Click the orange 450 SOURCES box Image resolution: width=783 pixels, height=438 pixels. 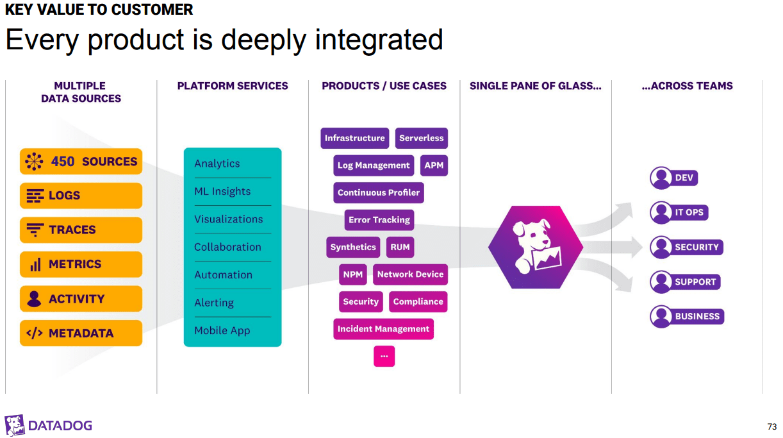81,162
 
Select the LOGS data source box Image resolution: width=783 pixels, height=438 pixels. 81,196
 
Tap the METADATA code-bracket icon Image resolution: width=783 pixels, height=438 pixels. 34,333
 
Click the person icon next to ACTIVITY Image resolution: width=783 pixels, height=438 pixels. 34,299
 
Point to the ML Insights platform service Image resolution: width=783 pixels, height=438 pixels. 222,192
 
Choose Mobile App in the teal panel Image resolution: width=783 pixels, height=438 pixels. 222,331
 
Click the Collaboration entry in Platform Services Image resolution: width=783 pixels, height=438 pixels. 227,247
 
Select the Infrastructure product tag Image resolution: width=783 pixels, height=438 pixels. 354,138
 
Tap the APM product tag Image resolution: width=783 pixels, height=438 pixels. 434,165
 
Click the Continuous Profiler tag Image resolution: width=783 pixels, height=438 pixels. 378,192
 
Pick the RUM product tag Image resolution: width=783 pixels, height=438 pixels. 400,247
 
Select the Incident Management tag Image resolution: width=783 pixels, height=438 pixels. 383,329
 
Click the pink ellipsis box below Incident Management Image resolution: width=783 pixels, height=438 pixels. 384,356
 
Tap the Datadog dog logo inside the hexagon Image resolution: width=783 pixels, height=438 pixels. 536,247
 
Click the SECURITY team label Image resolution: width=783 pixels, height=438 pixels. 696,248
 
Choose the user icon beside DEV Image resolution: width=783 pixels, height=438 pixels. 661,178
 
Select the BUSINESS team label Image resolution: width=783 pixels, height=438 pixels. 697,317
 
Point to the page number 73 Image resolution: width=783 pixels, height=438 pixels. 771,427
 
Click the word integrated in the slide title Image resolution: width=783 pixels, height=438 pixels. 378,40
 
